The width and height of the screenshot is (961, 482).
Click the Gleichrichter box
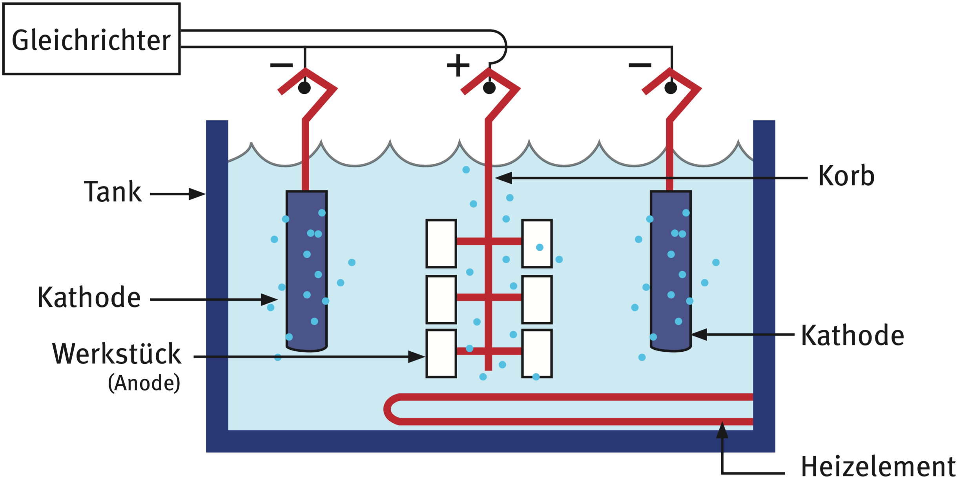click(x=91, y=39)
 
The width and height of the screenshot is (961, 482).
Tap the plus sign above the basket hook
click(x=458, y=65)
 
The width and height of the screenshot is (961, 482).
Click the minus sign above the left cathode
click(x=281, y=65)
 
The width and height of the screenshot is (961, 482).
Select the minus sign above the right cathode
click(x=640, y=65)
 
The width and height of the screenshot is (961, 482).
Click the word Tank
click(x=113, y=192)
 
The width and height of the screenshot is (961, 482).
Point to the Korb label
click(x=846, y=176)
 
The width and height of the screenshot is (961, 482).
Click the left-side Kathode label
click(x=89, y=298)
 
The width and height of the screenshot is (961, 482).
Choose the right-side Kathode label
click(x=852, y=336)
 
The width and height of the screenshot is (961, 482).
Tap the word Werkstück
click(x=117, y=354)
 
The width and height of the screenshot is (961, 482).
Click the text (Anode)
click(x=144, y=383)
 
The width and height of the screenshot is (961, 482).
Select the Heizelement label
click(x=878, y=467)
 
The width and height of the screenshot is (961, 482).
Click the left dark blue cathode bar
click(x=306, y=271)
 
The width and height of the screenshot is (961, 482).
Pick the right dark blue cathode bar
click(x=671, y=271)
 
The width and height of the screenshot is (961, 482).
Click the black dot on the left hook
click(x=305, y=88)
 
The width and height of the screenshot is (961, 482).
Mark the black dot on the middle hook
click(x=489, y=88)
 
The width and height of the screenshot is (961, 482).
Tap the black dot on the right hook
click(x=671, y=88)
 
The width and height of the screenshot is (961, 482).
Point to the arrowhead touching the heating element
click(x=722, y=430)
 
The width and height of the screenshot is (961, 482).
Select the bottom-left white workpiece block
click(x=441, y=353)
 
